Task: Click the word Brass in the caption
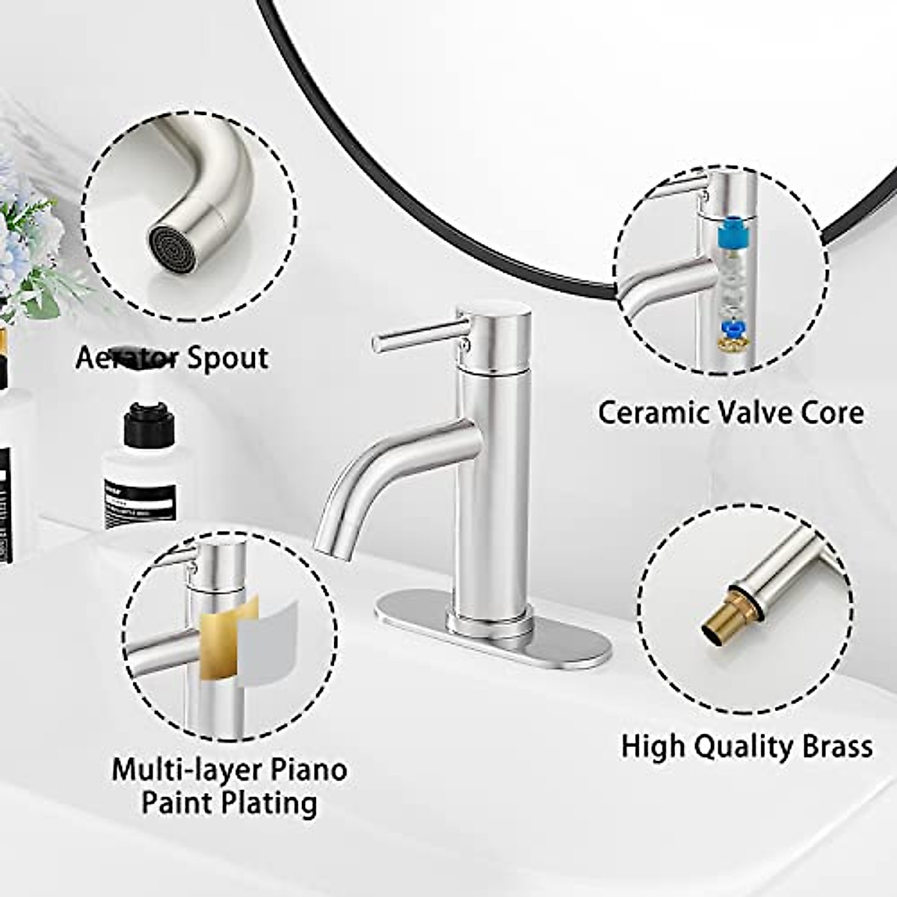pos(834,746)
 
